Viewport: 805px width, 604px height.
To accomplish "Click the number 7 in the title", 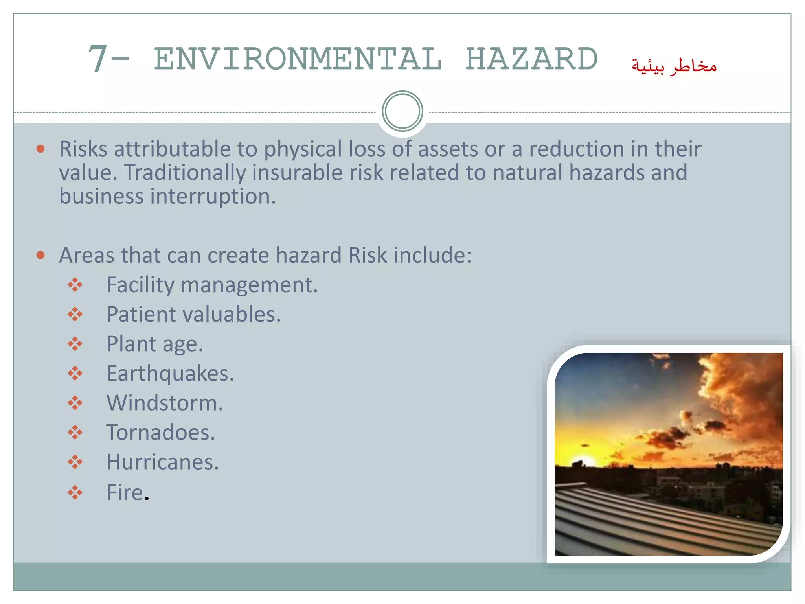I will [x=97, y=59].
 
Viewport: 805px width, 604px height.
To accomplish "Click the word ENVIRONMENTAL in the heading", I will [x=298, y=59].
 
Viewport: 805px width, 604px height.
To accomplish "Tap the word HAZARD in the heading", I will [x=531, y=59].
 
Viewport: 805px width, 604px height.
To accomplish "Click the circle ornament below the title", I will [x=402, y=111].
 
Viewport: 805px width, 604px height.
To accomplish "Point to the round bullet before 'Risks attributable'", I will [x=40, y=149].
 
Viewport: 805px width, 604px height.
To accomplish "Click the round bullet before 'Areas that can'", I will [x=40, y=255].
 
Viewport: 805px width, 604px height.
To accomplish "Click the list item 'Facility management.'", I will [x=212, y=285].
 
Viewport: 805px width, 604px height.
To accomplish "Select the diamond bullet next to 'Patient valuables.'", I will [x=75, y=314].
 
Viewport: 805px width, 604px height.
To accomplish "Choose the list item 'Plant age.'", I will [x=154, y=344].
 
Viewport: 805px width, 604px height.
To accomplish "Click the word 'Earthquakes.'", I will [x=170, y=374].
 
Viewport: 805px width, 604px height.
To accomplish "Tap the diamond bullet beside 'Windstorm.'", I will [x=75, y=403].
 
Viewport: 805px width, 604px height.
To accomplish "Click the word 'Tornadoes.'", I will [x=160, y=433].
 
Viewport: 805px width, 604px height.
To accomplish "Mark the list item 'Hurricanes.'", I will [x=162, y=462].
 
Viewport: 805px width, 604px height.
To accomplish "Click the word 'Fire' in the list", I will [x=125, y=492].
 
